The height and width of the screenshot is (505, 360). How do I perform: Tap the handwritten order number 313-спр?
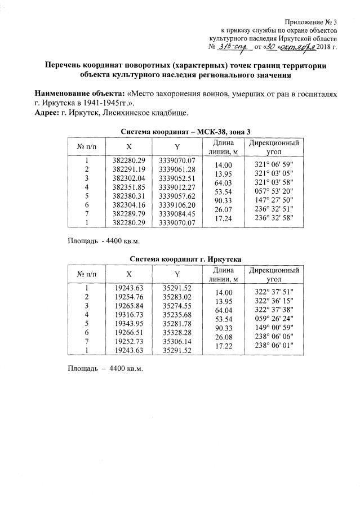[x=235, y=46]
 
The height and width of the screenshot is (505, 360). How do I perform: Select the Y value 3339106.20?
[x=177, y=205]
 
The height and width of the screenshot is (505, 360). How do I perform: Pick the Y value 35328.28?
[x=177, y=332]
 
